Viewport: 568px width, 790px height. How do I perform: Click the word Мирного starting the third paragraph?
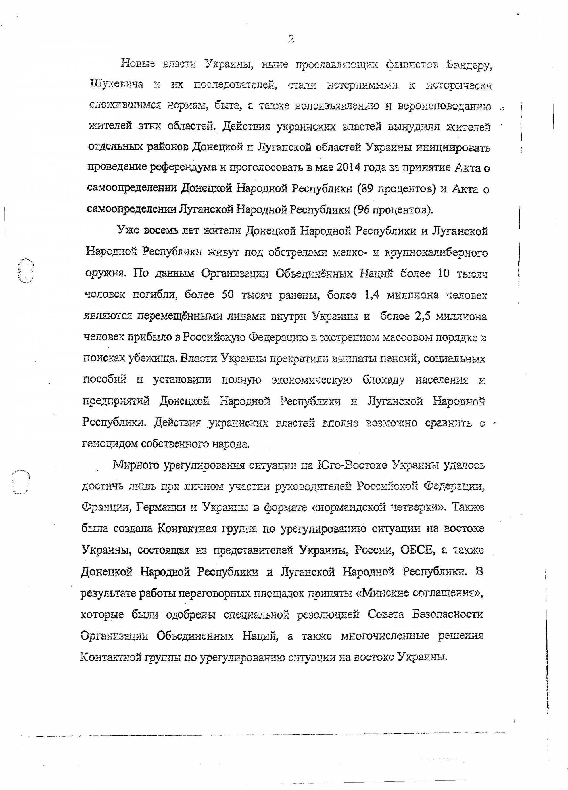pyautogui.click(x=136, y=465)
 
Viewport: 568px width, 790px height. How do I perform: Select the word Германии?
pyautogui.click(x=160, y=507)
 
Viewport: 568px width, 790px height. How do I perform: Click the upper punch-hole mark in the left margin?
pyautogui.click(x=25, y=271)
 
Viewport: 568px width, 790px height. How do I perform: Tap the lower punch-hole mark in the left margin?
pyautogui.click(x=21, y=482)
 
